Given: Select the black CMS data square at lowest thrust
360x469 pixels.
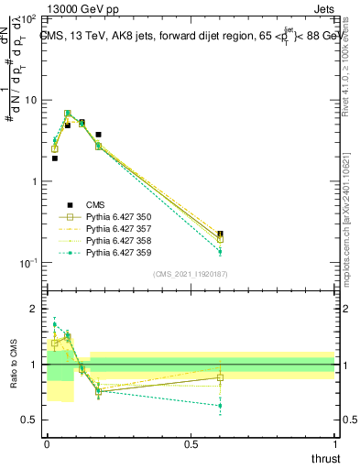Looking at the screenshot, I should point(55,158).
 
